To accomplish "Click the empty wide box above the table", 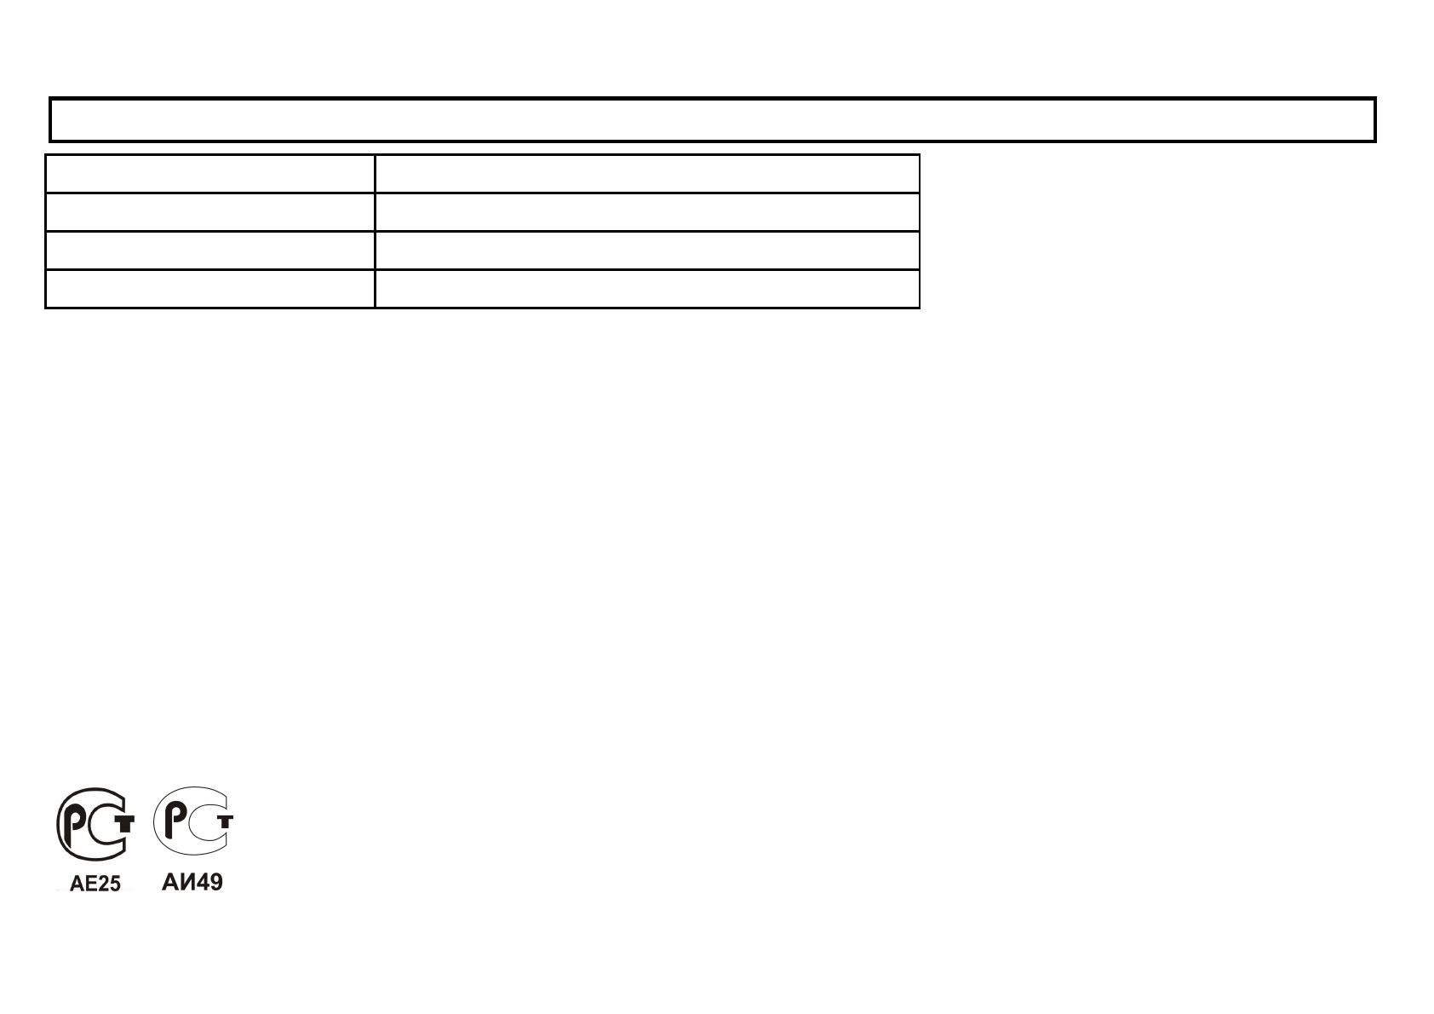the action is pos(713,119).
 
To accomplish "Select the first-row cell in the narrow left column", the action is pos(209,174).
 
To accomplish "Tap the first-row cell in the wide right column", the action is pos(647,174).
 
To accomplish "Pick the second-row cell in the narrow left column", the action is pos(209,212).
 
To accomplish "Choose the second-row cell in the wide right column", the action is pos(647,212).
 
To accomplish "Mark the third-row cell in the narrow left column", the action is pos(209,251).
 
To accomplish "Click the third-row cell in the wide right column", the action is pos(647,251).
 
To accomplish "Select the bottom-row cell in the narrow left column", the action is pos(209,289).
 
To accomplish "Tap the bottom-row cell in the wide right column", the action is pos(647,289).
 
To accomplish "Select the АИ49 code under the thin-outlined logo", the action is pos(192,883).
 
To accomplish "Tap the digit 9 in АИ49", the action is pos(215,883).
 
